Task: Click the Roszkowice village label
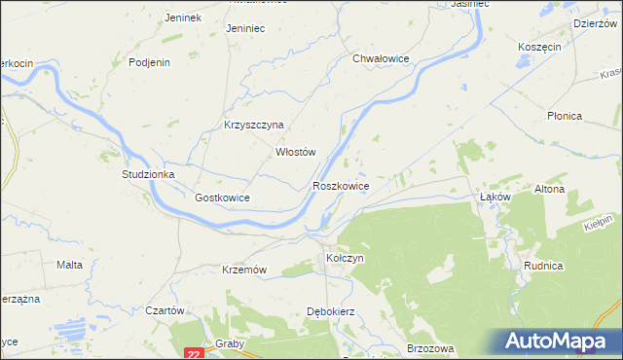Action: coord(340,185)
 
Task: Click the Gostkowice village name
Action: coord(222,198)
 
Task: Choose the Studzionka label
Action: coord(147,174)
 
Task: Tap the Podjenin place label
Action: coord(150,62)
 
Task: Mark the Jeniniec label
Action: coord(245,29)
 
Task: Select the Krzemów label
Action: coord(244,270)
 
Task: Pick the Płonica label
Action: coord(564,116)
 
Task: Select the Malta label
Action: coord(68,265)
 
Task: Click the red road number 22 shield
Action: coord(193,353)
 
